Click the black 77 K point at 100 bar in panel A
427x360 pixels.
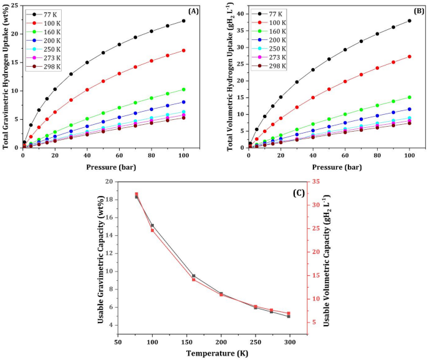click(x=184, y=21)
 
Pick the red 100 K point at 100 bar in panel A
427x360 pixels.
click(x=184, y=51)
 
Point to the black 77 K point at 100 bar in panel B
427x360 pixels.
click(x=410, y=21)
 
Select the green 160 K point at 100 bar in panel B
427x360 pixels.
click(x=410, y=97)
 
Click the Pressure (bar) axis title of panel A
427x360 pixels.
click(x=103, y=168)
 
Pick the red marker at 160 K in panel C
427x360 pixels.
click(x=193, y=280)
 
